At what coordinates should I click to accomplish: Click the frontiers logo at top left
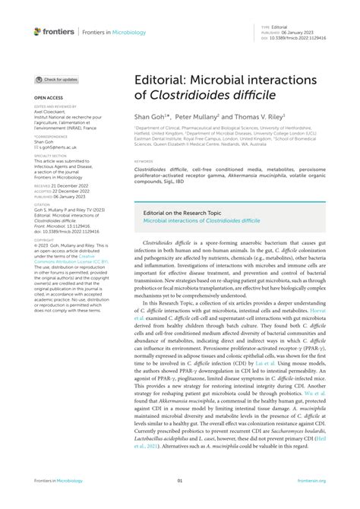click(x=53, y=31)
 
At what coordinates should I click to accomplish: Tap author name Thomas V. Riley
click(x=257, y=119)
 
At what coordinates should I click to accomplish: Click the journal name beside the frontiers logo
click(x=110, y=31)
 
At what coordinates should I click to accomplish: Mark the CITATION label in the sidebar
click(x=43, y=201)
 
